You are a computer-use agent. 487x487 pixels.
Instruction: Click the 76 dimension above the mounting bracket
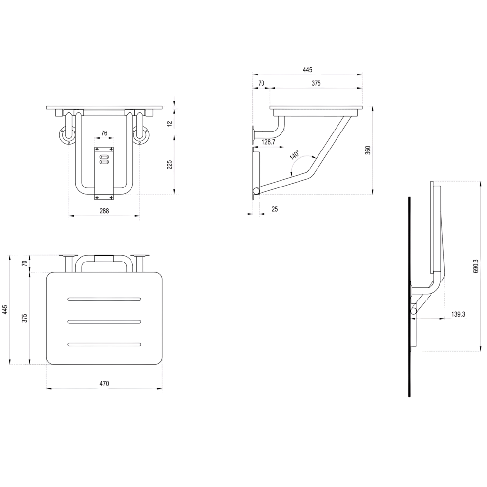tap(104, 133)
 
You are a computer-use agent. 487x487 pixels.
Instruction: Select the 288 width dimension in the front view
tap(104, 211)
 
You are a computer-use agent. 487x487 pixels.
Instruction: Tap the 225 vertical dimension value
tap(169, 165)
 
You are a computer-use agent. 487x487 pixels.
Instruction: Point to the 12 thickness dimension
tap(169, 123)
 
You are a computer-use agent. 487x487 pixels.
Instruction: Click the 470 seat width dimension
tap(104, 384)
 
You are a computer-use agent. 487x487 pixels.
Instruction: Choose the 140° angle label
tap(294, 155)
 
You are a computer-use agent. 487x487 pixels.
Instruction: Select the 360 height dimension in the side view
tap(368, 150)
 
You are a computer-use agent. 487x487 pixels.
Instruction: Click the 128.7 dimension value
tap(269, 142)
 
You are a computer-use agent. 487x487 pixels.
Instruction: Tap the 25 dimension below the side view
tap(275, 209)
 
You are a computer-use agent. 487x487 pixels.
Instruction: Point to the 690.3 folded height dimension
tap(476, 266)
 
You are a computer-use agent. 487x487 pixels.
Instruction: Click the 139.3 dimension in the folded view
tap(458, 314)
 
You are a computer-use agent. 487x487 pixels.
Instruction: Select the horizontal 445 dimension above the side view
tap(307, 70)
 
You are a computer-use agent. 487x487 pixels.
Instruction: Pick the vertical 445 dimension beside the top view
tap(5, 310)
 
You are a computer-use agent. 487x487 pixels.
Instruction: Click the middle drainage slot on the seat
tap(104, 322)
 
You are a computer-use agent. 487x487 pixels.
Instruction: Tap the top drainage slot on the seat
tap(104, 300)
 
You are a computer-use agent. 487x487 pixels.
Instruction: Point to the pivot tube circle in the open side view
tap(256, 191)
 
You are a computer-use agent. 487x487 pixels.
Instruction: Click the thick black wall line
tap(410, 297)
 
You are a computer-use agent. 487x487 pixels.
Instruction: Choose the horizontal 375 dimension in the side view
tap(316, 84)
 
